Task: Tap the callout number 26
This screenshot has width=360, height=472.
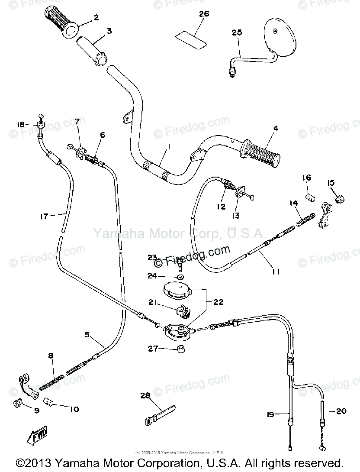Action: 204,14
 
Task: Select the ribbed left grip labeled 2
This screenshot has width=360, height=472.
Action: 61,24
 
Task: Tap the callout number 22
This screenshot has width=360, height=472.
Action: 219,302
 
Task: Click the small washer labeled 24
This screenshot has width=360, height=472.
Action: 179,276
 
